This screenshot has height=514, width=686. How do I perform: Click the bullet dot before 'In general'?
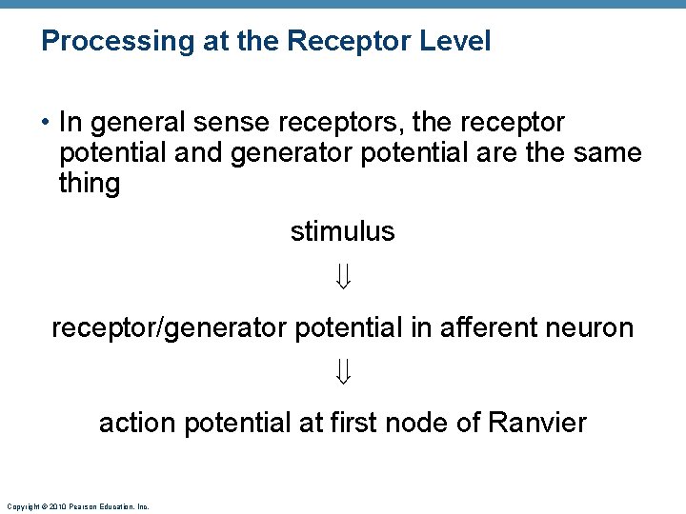point(46,124)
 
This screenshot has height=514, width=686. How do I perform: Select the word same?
point(610,152)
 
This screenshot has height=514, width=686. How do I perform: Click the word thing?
point(90,183)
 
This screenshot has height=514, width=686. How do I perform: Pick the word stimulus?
point(343,231)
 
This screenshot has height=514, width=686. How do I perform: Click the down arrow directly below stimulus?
point(344,278)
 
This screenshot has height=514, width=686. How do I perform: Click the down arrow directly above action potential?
point(344,373)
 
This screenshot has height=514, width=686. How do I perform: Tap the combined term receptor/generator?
point(169,328)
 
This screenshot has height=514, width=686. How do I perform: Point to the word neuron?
point(591,328)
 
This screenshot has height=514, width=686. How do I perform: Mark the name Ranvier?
point(537,423)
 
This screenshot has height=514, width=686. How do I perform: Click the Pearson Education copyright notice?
point(77,507)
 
